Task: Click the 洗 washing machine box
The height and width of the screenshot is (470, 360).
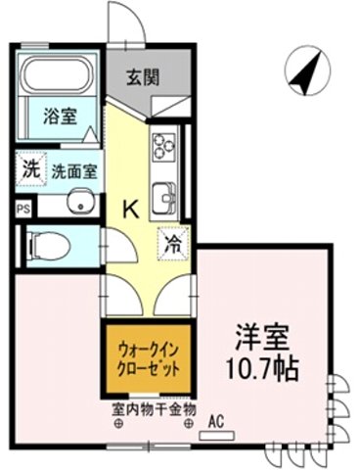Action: click(31, 167)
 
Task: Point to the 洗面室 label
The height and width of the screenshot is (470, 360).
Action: click(74, 168)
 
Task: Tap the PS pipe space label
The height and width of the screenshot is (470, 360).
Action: click(22, 209)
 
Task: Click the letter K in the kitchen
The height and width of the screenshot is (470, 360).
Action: click(129, 208)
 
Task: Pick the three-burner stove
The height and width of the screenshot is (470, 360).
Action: click(162, 147)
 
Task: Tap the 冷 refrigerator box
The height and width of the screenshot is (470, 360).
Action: click(172, 238)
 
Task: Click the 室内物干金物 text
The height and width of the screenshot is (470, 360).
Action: click(154, 408)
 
